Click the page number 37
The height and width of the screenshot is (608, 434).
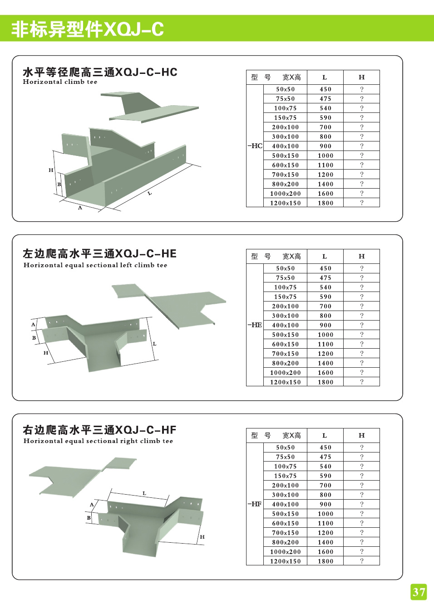click(x=419, y=592)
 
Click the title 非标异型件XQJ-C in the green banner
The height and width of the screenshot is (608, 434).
click(x=87, y=29)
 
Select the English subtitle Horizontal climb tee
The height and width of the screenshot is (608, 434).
click(x=60, y=82)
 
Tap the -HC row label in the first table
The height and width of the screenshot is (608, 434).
click(x=255, y=146)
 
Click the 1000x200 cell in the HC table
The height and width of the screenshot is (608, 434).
click(x=285, y=194)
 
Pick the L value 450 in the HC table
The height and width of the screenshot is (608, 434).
click(x=325, y=89)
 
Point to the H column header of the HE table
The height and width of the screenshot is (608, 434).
click(x=361, y=256)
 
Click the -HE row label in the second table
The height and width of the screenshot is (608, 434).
click(x=255, y=325)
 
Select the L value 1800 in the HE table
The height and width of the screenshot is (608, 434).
click(x=325, y=382)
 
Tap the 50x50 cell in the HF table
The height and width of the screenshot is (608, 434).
click(x=285, y=447)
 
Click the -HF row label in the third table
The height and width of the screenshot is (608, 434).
click(x=255, y=504)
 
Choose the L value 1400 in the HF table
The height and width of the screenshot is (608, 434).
click(x=325, y=542)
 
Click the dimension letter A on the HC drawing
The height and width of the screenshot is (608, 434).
click(x=80, y=208)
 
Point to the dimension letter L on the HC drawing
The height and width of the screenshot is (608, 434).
click(x=149, y=194)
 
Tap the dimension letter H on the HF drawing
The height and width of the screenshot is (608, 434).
click(x=202, y=537)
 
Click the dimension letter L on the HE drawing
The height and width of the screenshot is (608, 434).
click(x=154, y=344)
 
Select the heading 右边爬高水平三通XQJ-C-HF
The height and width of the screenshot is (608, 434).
click(x=99, y=430)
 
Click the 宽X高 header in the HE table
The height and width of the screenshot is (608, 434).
click(x=291, y=257)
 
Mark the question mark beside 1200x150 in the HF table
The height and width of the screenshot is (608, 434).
click(x=361, y=561)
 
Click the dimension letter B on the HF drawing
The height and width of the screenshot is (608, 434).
click(x=89, y=517)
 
